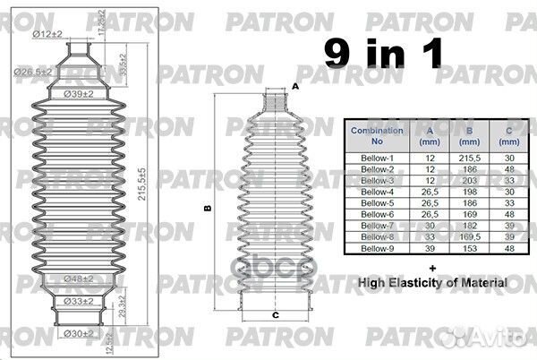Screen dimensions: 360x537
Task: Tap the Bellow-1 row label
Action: (x=376, y=157)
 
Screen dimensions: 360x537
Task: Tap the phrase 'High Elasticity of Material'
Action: (x=432, y=283)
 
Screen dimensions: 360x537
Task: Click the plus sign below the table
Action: (x=432, y=267)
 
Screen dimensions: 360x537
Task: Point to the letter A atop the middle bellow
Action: (x=294, y=87)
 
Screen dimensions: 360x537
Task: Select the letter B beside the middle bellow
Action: (x=207, y=209)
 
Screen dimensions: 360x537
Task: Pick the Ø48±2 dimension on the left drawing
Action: (x=81, y=279)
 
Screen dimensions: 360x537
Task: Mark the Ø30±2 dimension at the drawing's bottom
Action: (x=81, y=334)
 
